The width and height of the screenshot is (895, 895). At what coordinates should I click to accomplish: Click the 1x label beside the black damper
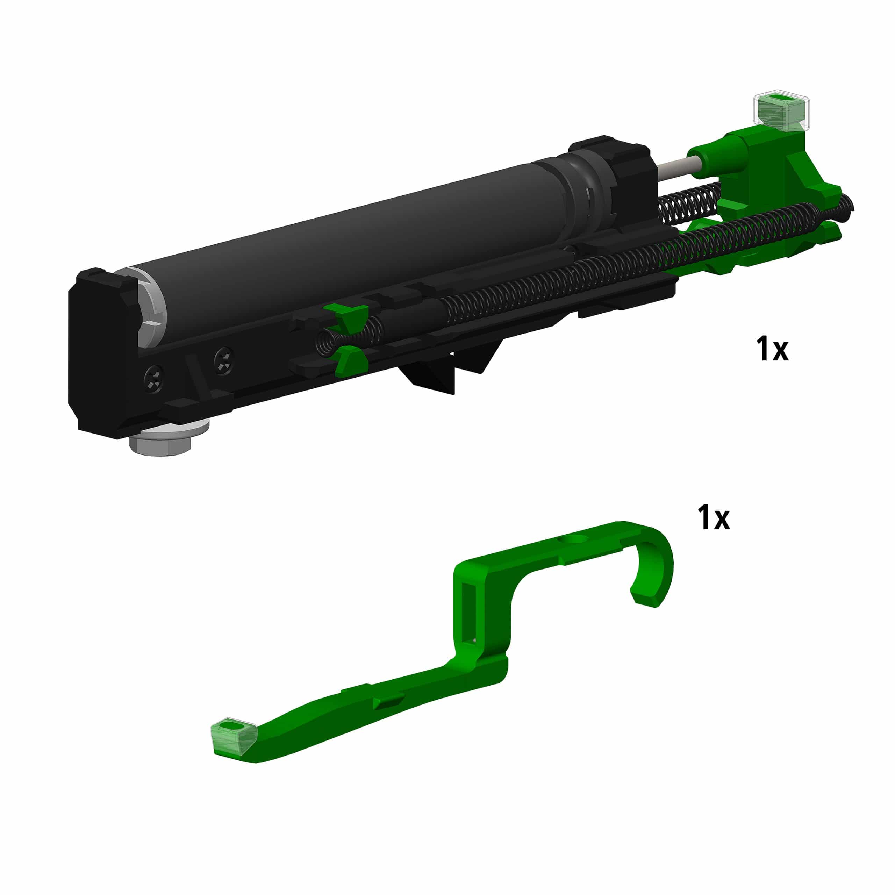[x=772, y=349]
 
